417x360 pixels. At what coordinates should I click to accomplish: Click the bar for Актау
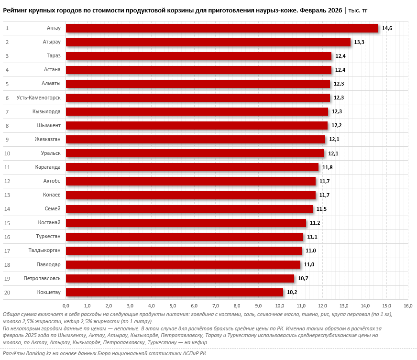222,28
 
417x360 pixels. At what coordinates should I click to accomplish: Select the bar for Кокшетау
175,292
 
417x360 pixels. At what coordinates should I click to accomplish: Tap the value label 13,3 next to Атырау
359,43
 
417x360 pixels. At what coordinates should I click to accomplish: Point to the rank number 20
7,292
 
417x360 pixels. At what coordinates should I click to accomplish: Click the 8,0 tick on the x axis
237,305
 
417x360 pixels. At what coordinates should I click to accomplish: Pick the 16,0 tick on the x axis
408,305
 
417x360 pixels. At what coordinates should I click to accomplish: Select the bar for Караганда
192,167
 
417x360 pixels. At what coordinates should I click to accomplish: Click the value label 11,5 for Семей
321,209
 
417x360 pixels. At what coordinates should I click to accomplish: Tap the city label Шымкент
49,125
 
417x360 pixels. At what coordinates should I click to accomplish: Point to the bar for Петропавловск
180,278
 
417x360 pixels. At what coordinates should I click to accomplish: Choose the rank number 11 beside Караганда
7,167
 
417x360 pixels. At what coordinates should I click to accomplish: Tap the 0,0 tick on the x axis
66,305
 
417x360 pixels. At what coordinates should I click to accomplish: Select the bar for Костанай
186,223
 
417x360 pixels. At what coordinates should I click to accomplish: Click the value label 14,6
387,29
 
